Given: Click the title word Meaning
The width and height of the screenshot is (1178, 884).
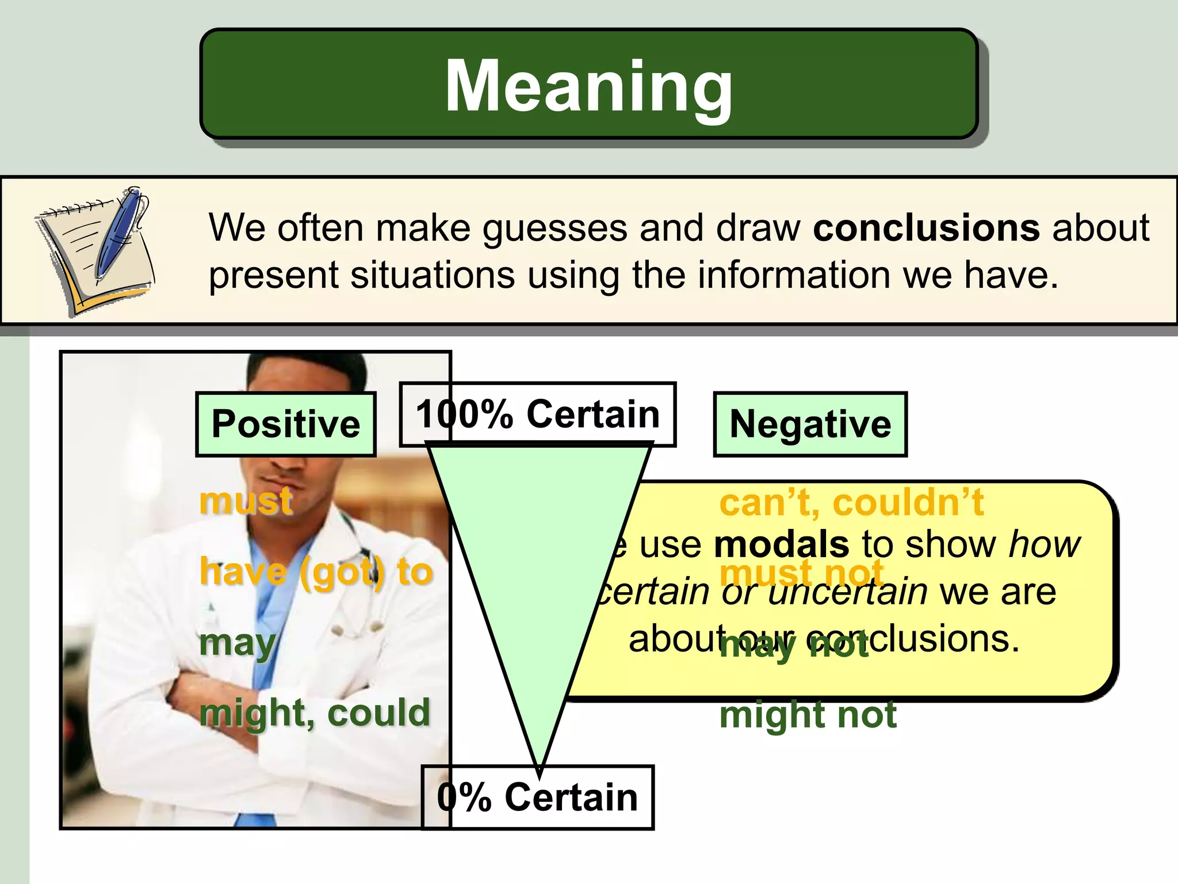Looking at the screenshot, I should [x=588, y=86].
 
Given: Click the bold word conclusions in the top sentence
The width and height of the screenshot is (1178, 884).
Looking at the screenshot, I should [x=926, y=228].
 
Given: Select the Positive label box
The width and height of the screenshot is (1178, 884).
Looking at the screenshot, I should [x=286, y=425].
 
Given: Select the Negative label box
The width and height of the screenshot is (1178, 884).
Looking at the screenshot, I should [x=810, y=425].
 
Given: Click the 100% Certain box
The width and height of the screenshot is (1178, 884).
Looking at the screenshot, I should [x=537, y=414].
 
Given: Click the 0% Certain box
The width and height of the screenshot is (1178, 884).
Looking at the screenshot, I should [x=537, y=798].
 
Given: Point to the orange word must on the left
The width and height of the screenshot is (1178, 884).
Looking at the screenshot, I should [x=246, y=501].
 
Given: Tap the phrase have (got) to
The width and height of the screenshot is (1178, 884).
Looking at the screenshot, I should [x=316, y=571].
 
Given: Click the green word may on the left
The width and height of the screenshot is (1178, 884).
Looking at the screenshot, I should [x=237, y=643].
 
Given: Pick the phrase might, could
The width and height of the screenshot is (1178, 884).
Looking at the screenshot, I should [x=315, y=713].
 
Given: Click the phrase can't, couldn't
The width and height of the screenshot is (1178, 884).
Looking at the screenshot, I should [x=851, y=502].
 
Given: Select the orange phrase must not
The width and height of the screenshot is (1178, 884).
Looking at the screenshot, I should [x=801, y=573].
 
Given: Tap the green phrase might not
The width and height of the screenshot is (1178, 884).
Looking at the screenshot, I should [x=808, y=715].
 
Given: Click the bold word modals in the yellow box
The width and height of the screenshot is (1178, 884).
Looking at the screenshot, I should [x=781, y=544].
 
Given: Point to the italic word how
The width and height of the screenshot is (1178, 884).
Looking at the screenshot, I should [x=1045, y=544].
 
